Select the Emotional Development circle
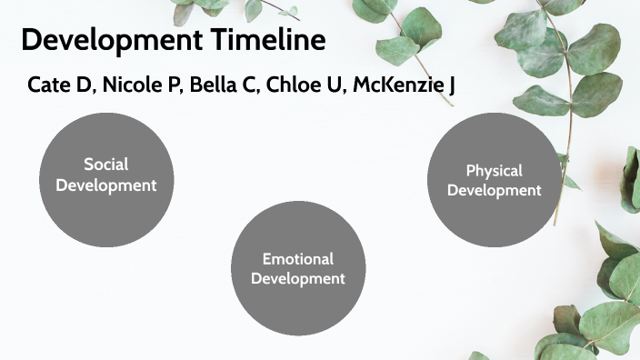[298, 268]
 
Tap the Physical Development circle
[494, 179]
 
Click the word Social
[106, 165]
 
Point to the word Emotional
[298, 259]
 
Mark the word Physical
[494, 170]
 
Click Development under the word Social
[106, 185]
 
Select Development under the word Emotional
[298, 279]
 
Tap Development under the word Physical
[494, 190]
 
